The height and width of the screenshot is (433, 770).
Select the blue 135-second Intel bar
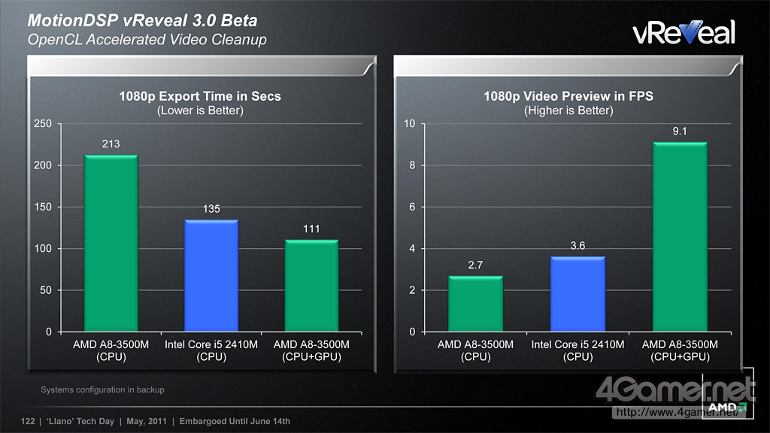[x=211, y=275]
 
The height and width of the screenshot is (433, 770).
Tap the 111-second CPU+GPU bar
[x=311, y=285]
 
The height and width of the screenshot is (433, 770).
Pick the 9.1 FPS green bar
[x=680, y=236]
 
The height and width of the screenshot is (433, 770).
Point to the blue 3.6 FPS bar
[x=578, y=294]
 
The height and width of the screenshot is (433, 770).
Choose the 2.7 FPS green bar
[x=475, y=304]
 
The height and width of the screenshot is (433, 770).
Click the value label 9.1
[x=680, y=132]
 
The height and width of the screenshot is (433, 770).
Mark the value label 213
[x=111, y=144]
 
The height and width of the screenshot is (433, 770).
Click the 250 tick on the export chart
[x=43, y=124]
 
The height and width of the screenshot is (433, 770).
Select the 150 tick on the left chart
[x=43, y=207]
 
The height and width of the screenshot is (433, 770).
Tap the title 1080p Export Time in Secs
[x=200, y=96]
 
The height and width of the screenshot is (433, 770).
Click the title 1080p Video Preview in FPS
[x=568, y=96]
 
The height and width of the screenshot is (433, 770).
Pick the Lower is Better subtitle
[x=200, y=111]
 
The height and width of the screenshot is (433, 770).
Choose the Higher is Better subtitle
[x=568, y=111]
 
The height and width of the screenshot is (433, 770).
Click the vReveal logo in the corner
[x=683, y=32]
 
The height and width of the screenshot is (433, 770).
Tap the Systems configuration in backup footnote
[x=102, y=390]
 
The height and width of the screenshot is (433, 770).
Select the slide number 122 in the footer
[x=29, y=421]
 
